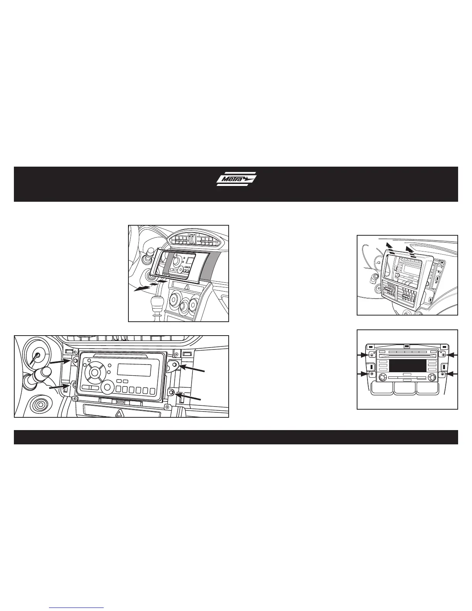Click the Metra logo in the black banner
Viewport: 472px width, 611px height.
tap(236, 179)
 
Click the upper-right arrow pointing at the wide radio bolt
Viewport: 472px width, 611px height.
tap(191, 369)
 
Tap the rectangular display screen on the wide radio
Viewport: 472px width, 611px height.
tap(134, 370)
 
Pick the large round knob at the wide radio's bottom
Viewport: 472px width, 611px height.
tap(108, 387)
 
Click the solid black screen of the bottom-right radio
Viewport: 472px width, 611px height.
tap(408, 366)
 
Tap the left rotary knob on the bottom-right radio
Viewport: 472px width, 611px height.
tap(382, 378)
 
